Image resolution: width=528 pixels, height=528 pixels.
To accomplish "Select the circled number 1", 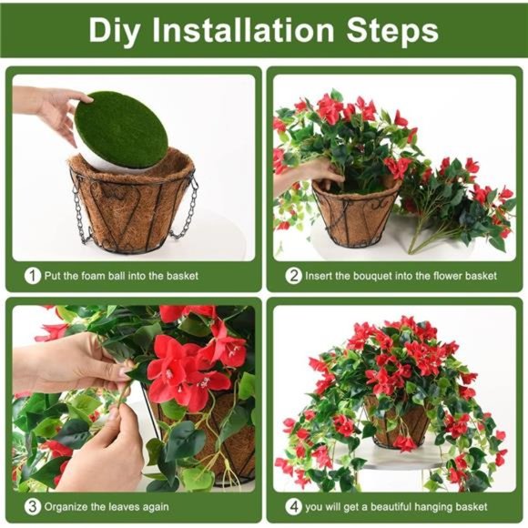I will coord(33,274).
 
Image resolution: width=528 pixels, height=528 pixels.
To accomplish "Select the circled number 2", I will coord(294,274).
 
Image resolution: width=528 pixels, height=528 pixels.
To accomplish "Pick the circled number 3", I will coord(33,507).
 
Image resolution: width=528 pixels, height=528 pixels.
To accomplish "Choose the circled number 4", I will coord(294,507).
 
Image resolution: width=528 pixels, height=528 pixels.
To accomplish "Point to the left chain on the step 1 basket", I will coord(77,214).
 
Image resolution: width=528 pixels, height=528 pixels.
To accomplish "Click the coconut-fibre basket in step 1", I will coord(133,205).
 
